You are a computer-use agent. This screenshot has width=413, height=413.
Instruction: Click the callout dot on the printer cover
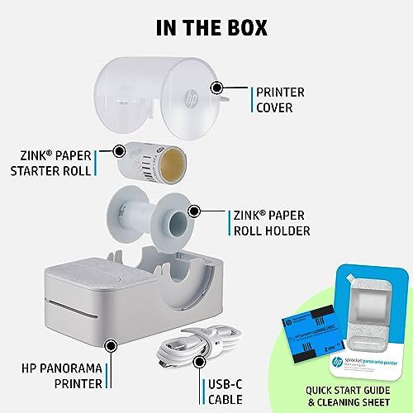tap(217, 87)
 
